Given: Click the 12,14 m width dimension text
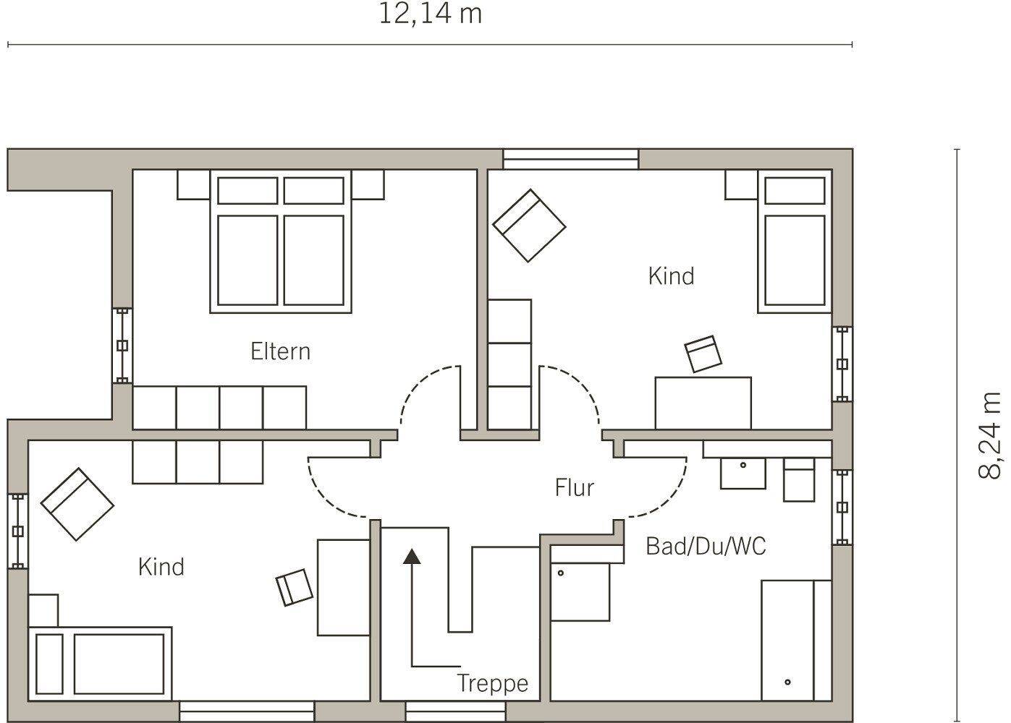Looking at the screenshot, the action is [x=430, y=14].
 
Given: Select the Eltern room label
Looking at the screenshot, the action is [x=280, y=351].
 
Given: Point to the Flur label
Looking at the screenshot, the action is [x=574, y=487].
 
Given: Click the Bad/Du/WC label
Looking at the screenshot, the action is [x=706, y=546].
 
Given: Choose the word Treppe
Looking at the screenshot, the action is [x=492, y=683].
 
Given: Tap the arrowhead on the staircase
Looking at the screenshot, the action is [x=412, y=556].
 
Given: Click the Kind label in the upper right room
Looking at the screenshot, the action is [x=671, y=276].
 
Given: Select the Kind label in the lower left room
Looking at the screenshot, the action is [x=161, y=567].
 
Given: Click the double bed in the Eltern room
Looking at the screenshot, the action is [x=281, y=241].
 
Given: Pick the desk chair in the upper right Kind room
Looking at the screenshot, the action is [x=703, y=354].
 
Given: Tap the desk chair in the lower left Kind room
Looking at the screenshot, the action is [x=295, y=588].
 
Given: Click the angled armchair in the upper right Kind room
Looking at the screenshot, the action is [x=529, y=226].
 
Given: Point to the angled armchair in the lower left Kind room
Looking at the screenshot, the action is [x=77, y=504].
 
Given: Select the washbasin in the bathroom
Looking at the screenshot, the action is [x=743, y=474].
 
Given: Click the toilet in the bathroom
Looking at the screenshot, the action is [x=799, y=480].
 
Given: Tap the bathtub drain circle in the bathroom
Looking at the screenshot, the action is [x=787, y=682].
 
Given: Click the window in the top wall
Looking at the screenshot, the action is [x=570, y=159].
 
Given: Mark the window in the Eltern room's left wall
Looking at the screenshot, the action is [x=122, y=346].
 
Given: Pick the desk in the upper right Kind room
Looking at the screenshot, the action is [x=703, y=403].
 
